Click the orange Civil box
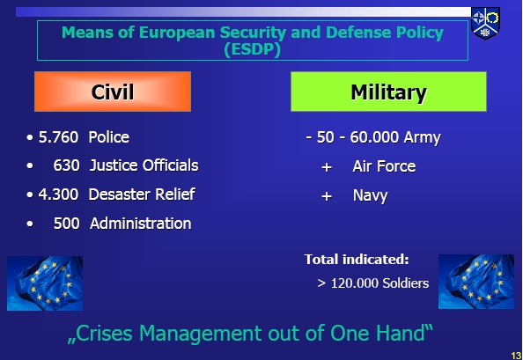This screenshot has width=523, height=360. (x=113, y=92)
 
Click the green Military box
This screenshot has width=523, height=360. (x=388, y=92)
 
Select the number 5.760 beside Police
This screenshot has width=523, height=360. (x=58, y=137)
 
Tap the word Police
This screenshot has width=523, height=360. (x=109, y=137)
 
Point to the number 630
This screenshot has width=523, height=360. (x=66, y=165)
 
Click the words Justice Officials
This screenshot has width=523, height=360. (x=144, y=165)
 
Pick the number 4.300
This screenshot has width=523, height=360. (x=58, y=195)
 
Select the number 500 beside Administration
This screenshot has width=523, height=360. (x=66, y=224)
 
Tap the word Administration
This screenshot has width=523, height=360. (x=141, y=224)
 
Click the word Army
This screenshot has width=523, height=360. (x=423, y=138)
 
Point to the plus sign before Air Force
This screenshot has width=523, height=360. (x=327, y=167)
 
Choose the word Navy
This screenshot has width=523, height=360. (x=370, y=196)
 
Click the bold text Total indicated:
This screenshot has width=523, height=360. (x=357, y=260)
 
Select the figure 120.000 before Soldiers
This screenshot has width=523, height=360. (x=355, y=283)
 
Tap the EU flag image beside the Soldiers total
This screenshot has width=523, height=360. (x=476, y=282)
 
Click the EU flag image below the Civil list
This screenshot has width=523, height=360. (x=45, y=283)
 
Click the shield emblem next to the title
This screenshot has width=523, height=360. (x=485, y=24)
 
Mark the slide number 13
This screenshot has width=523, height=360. (x=516, y=356)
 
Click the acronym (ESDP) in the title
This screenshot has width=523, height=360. (x=253, y=49)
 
